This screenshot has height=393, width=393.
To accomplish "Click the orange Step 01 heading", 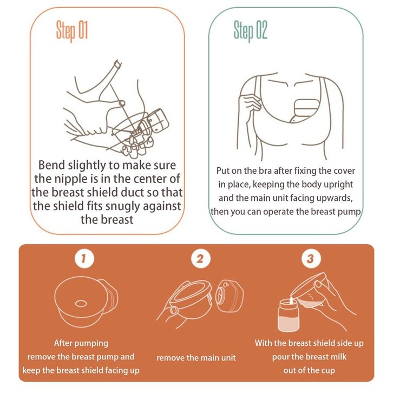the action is point(72,31).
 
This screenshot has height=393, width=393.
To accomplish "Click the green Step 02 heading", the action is point(251,31).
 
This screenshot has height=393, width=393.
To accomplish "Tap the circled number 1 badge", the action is point(84,258).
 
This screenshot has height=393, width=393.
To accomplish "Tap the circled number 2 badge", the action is point(201,258).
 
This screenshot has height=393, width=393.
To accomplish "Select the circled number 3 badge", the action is point(311,258).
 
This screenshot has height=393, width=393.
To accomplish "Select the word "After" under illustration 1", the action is point(63,343).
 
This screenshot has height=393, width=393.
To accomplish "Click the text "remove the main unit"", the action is point(196,358).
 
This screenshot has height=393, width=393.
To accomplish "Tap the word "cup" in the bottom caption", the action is point(328,371).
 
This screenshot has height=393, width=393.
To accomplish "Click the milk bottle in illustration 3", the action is point(289,315).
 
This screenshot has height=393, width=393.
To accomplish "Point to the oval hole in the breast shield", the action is point(81,304).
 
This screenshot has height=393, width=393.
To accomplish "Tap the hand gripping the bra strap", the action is point(250,102).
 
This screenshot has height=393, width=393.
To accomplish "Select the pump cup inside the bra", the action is point(305,110).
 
